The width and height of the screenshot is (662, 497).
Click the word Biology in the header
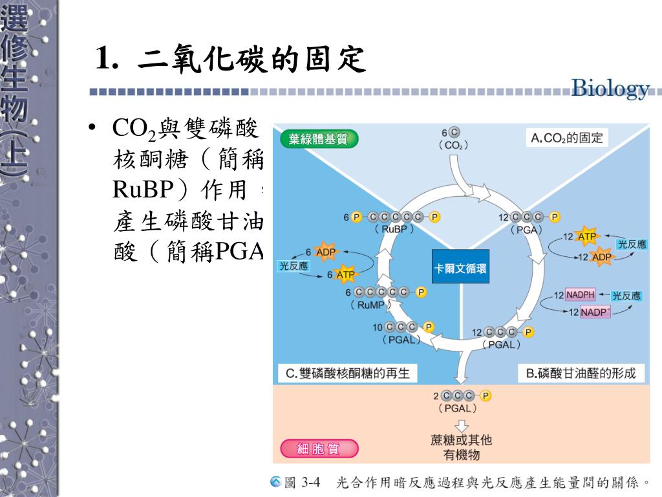[x=610, y=89]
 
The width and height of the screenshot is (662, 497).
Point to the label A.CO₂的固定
[x=567, y=137]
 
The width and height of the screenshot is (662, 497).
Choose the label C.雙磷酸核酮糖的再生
[x=348, y=373]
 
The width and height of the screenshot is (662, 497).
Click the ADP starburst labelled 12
[x=601, y=257]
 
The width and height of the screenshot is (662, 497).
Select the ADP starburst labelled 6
[x=326, y=252]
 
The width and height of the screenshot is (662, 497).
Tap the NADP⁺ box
[x=595, y=312]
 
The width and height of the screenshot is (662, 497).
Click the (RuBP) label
[x=394, y=228]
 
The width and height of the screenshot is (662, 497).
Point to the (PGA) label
[x=526, y=229]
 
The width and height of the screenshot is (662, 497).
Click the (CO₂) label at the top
[x=453, y=146]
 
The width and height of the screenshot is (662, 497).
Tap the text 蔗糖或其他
[x=462, y=440]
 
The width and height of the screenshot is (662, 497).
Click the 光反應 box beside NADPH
[x=626, y=296]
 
